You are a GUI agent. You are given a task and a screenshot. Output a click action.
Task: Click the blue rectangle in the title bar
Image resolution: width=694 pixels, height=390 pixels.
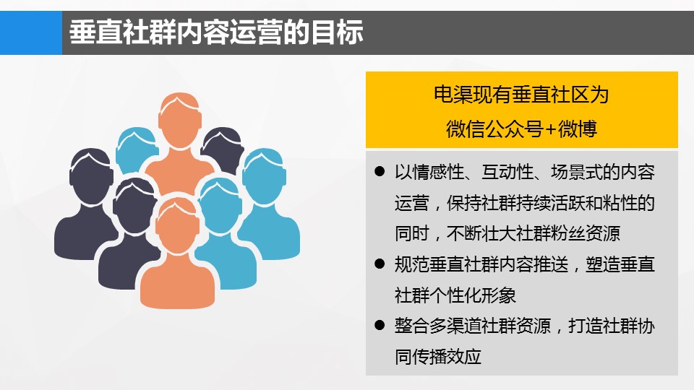pyautogui.click(x=31, y=32)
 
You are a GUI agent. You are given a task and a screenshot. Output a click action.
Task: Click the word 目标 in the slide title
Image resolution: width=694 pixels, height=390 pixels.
pyautogui.click(x=338, y=32)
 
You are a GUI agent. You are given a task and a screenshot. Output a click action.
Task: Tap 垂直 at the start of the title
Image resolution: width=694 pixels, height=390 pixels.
pyautogui.click(x=95, y=32)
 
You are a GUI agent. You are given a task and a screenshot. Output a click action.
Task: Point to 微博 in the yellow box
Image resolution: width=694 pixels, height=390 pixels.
pyautogui.click(x=577, y=129)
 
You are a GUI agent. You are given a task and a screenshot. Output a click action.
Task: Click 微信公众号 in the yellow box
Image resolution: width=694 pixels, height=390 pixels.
pyautogui.click(x=494, y=129)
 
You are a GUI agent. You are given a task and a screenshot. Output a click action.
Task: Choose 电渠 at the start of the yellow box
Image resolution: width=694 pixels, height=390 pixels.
pyautogui.click(x=453, y=95)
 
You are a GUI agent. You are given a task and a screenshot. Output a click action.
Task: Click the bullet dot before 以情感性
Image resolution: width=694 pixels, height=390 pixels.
pyautogui.click(x=380, y=171)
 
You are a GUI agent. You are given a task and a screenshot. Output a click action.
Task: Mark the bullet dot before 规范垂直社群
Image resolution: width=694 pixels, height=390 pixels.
pyautogui.click(x=380, y=264)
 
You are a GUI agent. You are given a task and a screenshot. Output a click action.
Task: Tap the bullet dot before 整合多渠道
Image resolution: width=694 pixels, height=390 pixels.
pyautogui.click(x=380, y=326)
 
